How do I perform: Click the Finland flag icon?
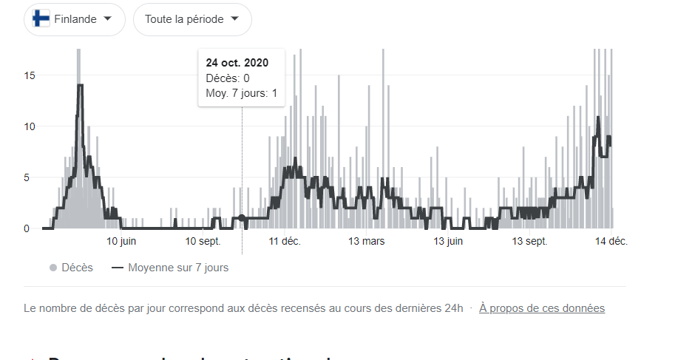43,19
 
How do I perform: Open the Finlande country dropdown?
75,19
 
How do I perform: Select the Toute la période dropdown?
192,19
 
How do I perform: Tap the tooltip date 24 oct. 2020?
237,62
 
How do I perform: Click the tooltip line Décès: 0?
228,78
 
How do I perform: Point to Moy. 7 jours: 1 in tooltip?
242,93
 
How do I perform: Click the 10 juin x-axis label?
121,242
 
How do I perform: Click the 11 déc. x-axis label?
285,242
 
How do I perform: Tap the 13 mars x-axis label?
367,242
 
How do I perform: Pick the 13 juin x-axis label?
449,242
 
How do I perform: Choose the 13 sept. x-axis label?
529,242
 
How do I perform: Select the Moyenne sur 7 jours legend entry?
170,268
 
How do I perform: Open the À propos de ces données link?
542,308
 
